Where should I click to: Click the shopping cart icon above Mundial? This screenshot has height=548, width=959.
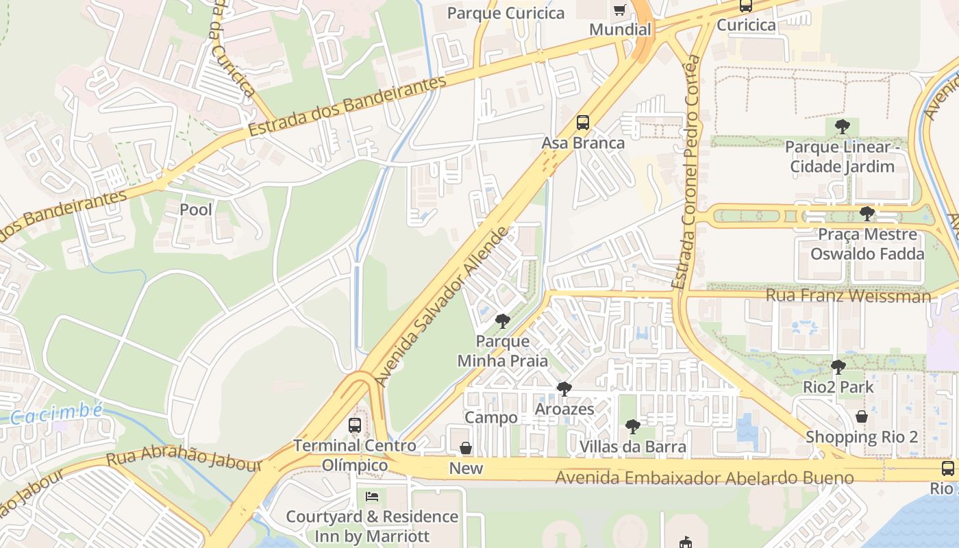click(x=620, y=10)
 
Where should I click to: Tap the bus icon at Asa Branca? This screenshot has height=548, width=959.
click(x=583, y=123)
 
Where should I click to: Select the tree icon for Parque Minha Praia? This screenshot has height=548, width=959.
click(x=503, y=321)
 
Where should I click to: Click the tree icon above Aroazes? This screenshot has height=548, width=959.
click(x=564, y=389)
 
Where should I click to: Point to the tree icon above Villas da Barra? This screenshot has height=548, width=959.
click(x=633, y=427)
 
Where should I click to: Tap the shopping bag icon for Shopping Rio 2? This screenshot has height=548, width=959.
click(x=862, y=416)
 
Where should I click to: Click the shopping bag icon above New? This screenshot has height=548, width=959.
click(x=466, y=448)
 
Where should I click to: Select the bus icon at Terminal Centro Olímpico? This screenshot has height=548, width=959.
click(x=355, y=425)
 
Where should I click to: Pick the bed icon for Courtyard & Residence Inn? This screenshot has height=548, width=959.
click(x=372, y=496)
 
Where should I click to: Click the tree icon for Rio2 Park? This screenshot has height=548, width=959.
click(x=838, y=366)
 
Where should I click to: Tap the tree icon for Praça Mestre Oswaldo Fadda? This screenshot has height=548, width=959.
click(x=867, y=214)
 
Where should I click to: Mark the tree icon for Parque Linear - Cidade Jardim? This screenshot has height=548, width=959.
click(x=843, y=126)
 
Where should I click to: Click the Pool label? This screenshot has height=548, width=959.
click(x=196, y=210)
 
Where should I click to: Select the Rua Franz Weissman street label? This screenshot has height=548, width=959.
click(x=848, y=296)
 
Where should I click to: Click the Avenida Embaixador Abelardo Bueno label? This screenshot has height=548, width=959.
click(x=704, y=477)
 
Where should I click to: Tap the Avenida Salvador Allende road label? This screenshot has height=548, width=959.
click(x=443, y=306)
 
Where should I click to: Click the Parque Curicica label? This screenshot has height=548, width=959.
click(x=506, y=13)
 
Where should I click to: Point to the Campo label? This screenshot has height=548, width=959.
click(x=491, y=418)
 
